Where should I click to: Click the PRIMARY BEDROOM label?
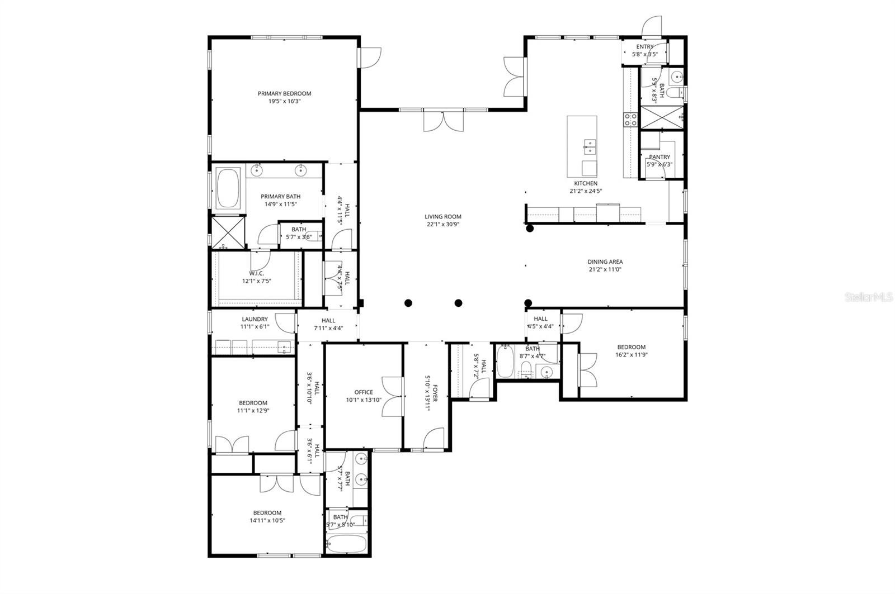284,94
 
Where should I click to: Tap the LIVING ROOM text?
442,217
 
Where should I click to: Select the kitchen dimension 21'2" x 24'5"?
586,191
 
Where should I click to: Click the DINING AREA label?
605,262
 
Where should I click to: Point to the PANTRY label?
660,157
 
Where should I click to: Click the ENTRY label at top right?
644,47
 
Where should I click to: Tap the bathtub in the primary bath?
228,188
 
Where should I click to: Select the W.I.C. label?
257,273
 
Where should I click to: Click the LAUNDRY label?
255,320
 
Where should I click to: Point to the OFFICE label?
364,392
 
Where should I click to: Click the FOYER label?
435,392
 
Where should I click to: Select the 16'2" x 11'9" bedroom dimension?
631,355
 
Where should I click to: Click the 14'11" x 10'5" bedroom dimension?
267,521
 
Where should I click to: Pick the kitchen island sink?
589,148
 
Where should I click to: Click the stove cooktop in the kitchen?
631,118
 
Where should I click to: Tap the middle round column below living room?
458,303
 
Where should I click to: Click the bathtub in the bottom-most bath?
346,544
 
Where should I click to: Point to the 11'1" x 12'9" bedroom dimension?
253,411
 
